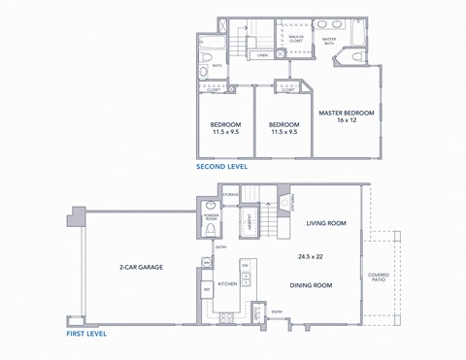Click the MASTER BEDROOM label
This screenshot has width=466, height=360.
coord(346,114)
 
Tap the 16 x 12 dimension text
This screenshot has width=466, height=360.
coord(346,122)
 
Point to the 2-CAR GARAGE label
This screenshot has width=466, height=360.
coord(141,266)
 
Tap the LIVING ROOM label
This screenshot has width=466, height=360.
coord(326,223)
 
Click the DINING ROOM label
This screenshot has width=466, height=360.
coord(311,285)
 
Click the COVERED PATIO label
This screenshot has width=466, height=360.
coord(379,278)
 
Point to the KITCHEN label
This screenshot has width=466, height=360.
coord(227,284)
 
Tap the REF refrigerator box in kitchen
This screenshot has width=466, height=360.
coord(207,289)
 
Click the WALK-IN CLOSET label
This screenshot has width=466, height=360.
coord(296,38)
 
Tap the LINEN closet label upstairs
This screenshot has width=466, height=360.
coord(262,56)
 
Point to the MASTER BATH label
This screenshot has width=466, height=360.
coord(329,41)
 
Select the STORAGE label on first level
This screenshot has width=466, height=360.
coord(230,194)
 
